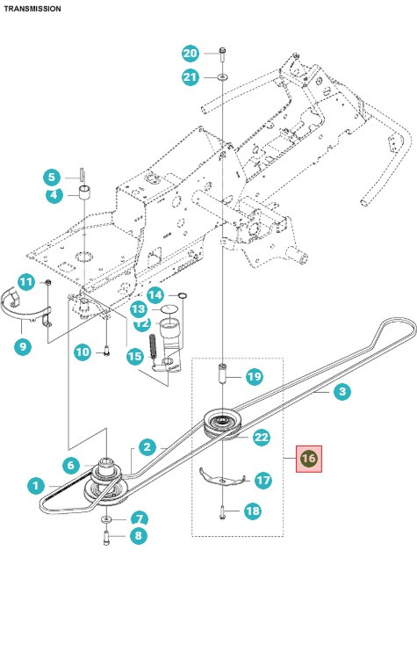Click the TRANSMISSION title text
(32, 9)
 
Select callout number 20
(191, 54)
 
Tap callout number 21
(191, 77)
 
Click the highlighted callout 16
(308, 458)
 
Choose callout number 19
(253, 377)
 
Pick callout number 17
(262, 481)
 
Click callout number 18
(253, 511)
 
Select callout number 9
(23, 346)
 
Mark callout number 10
(82, 352)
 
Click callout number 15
(133, 357)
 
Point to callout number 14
(155, 294)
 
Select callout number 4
(54, 195)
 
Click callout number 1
(35, 484)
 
